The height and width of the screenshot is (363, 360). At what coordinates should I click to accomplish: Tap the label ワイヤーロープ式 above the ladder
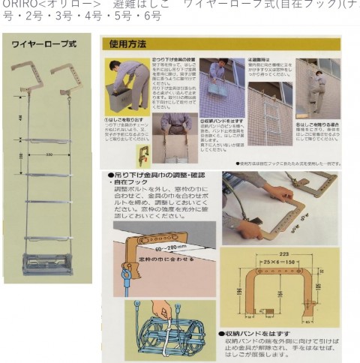tap(43, 45)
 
